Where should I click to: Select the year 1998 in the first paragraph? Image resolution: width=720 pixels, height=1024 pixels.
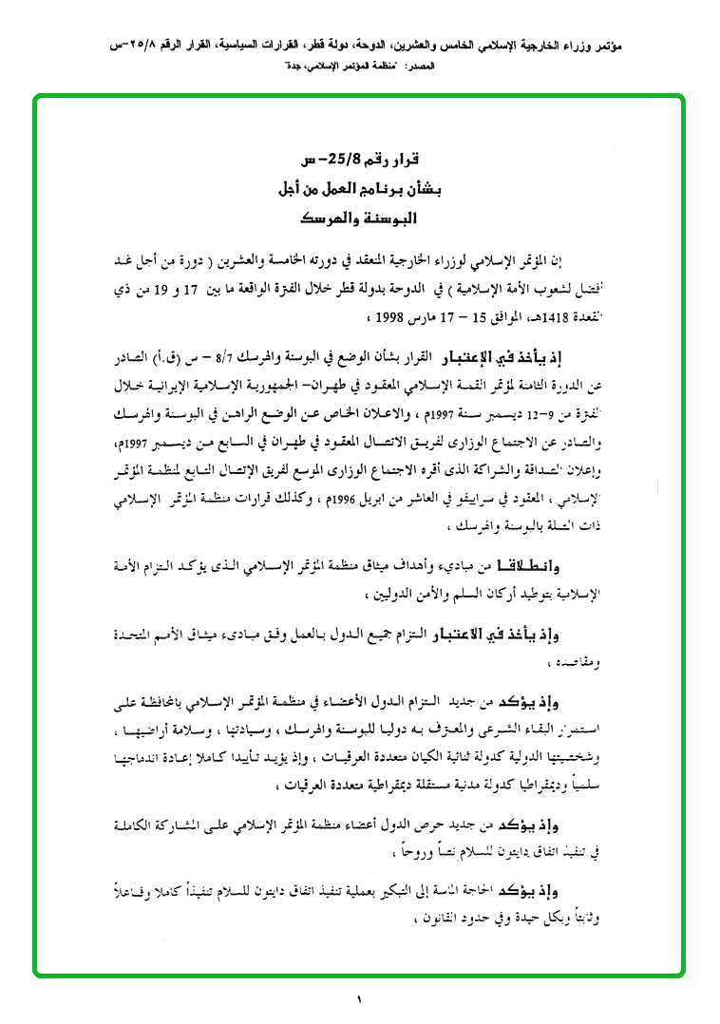pyautogui.click(x=371, y=313)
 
